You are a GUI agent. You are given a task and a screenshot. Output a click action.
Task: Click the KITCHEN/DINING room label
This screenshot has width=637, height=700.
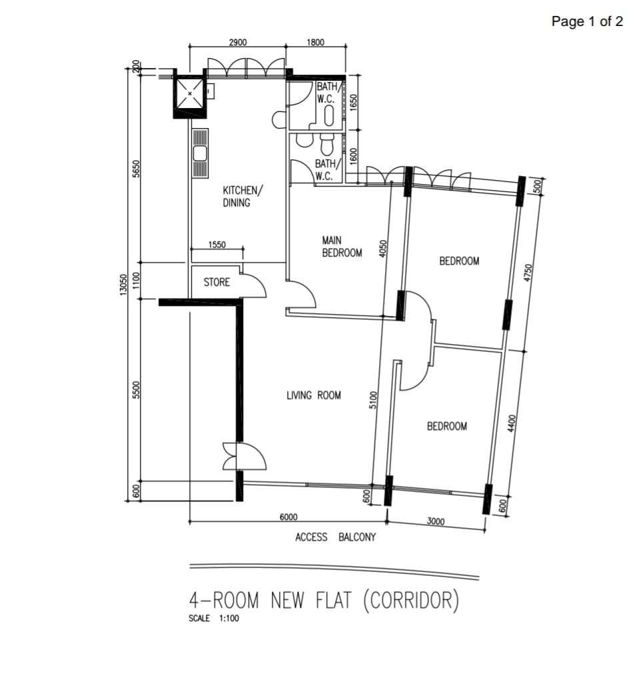242,197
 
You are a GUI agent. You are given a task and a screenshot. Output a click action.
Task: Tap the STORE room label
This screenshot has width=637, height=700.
217,282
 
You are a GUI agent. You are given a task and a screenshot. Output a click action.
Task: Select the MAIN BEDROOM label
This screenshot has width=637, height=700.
342,246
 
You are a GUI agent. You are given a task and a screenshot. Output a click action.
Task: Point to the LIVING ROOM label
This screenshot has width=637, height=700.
313,395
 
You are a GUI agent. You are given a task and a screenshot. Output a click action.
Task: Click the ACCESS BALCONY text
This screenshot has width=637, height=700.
335,537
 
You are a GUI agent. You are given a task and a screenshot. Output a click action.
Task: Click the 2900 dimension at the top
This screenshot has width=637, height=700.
238,42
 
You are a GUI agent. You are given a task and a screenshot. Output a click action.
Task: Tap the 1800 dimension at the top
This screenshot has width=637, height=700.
315,42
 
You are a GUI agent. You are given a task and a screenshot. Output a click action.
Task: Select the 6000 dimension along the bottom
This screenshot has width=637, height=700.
288,517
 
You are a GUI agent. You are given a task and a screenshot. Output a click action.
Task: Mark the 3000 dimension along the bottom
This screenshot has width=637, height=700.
435,521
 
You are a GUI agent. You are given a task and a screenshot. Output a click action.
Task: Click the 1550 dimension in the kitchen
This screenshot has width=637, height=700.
217,245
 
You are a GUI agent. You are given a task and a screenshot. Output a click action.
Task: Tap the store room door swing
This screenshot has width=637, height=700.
254,285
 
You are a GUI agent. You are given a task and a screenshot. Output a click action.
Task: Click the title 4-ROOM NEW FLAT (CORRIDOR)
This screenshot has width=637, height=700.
324,601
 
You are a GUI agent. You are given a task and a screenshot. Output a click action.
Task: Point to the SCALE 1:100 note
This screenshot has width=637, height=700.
214,619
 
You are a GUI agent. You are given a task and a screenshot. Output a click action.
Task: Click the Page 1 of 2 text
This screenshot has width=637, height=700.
587,21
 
